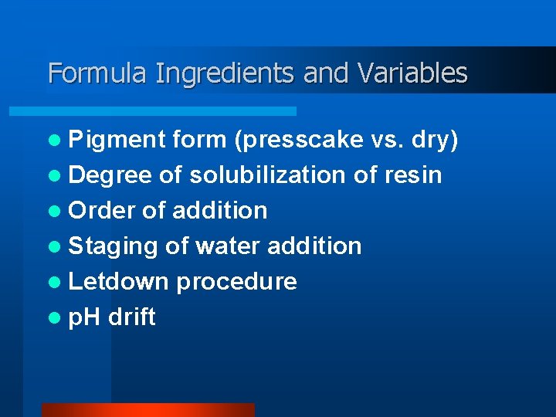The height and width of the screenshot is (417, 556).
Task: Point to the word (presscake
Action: (x=298, y=140)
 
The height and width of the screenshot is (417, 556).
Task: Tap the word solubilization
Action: (x=268, y=175)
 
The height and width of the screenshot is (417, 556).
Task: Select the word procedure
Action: (x=236, y=282)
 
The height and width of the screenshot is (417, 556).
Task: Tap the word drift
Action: (x=132, y=317)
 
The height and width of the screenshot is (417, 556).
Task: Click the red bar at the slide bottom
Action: (x=147, y=410)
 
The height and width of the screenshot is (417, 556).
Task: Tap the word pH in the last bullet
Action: (x=85, y=317)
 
